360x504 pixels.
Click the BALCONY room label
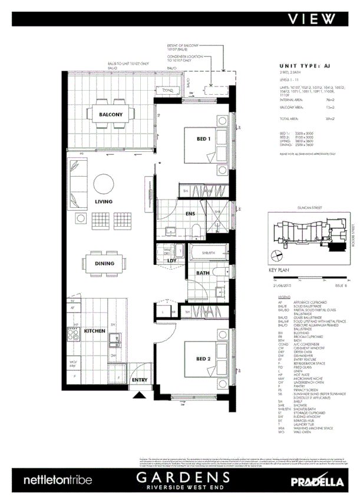click(x=110, y=114)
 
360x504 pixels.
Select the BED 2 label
click(x=203, y=358)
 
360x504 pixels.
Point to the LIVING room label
click(x=103, y=201)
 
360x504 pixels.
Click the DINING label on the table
click(x=104, y=263)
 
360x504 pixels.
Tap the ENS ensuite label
click(x=190, y=214)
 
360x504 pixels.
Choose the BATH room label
click(x=203, y=273)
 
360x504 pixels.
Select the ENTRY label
click(x=140, y=380)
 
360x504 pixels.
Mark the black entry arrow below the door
click(x=139, y=396)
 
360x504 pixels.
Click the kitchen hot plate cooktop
click(x=75, y=334)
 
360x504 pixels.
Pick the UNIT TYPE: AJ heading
click(x=305, y=67)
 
